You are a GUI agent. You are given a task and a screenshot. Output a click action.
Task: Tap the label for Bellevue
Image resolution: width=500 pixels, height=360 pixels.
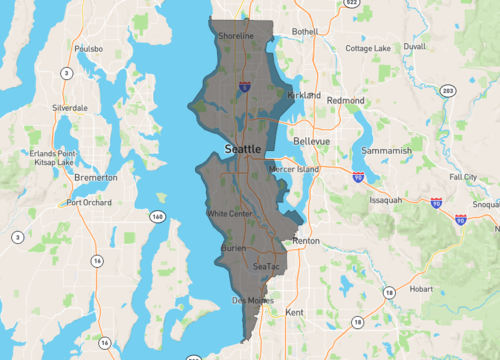[x=311, y=142]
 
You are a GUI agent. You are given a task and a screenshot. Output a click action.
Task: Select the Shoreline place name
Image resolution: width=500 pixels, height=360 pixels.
[x=237, y=36]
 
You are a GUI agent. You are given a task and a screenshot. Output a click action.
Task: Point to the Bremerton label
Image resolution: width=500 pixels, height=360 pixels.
[x=96, y=177]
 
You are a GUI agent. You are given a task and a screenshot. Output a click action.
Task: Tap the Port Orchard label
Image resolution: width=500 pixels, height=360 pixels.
[x=89, y=202]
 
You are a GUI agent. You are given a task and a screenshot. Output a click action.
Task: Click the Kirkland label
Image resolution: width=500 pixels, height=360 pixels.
[x=303, y=95]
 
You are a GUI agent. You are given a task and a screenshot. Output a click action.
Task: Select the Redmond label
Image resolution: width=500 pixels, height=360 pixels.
[x=346, y=101]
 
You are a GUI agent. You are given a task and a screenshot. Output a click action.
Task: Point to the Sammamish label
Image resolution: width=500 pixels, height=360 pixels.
[x=389, y=151]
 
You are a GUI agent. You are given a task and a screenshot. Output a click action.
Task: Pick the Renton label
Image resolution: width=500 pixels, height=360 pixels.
[x=304, y=242]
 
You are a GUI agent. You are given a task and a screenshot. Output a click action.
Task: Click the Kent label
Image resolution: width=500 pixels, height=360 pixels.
[x=294, y=313]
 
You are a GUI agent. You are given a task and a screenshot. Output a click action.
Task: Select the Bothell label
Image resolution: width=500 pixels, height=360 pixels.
[x=304, y=31]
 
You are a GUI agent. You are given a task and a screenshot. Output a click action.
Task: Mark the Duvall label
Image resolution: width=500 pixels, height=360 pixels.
[x=414, y=46]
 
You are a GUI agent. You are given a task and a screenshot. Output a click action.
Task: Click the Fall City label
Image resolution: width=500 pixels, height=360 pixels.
[x=463, y=176]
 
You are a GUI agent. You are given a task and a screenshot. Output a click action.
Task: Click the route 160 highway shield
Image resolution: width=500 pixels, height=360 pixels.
[x=157, y=216]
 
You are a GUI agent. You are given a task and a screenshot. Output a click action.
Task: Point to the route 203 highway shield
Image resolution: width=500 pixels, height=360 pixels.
[x=447, y=91]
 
